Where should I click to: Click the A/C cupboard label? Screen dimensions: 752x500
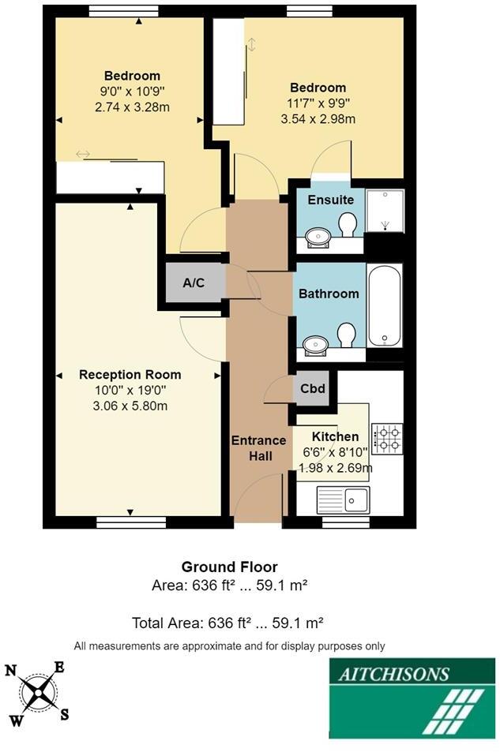[194, 282]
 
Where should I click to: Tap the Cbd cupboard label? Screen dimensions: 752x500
[313, 389]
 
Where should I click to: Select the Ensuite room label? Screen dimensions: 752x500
[330, 200]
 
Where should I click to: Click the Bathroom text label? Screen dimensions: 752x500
[329, 294]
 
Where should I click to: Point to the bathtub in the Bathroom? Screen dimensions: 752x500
[385, 305]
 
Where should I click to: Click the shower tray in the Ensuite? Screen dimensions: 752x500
[385, 213]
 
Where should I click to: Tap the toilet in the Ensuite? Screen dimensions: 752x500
[346, 227]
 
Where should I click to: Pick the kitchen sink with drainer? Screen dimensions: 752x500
[344, 499]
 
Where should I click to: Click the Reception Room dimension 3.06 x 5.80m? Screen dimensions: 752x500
[130, 406]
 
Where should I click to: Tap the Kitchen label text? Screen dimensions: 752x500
[335, 436]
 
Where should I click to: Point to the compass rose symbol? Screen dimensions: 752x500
[37, 692]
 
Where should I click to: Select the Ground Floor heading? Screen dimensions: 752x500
[229, 567]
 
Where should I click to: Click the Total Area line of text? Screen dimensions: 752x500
[229, 623]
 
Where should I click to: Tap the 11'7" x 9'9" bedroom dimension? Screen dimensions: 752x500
[318, 103]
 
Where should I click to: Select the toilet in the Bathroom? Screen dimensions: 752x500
[346, 335]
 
